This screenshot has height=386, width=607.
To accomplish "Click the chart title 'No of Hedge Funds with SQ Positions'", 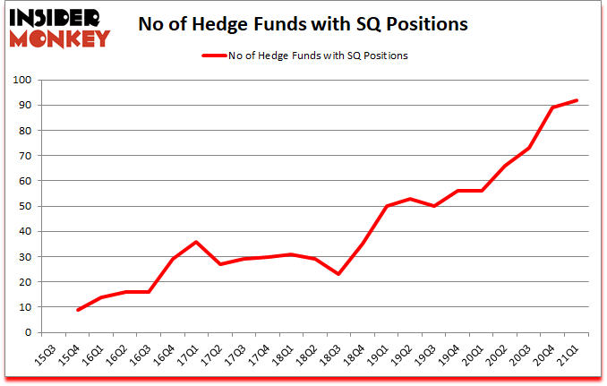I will pos(303,25).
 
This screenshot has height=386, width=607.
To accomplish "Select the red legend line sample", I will pos(216,56).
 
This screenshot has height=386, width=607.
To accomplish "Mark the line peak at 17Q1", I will pos(196,242).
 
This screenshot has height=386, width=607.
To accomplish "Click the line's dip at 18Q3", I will pos(338,274).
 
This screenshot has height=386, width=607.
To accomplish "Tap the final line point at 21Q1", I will pos(577,100).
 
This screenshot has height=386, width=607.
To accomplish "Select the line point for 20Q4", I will pos(553,108).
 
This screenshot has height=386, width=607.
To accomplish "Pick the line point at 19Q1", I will pos(386,206).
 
